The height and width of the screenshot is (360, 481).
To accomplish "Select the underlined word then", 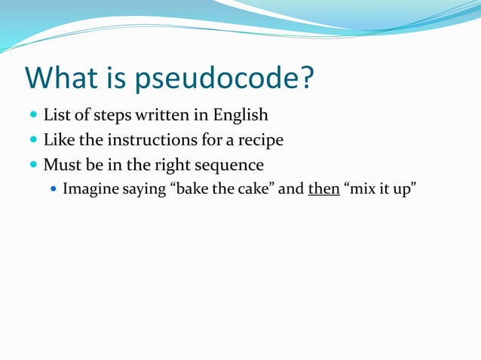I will point(323,188).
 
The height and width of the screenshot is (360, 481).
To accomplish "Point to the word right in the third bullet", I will point(172,165).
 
